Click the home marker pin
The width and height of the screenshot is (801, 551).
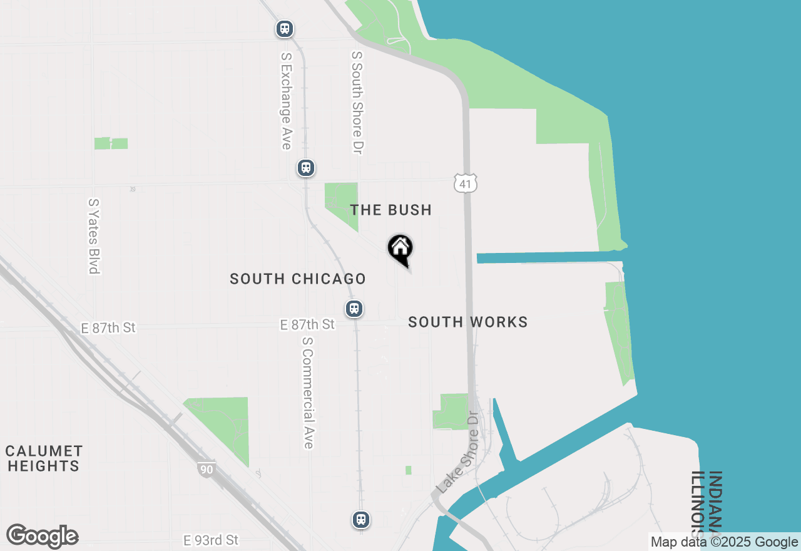(x=400, y=249)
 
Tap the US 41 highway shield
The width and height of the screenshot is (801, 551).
(x=466, y=183)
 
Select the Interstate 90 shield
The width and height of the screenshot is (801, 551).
(x=206, y=469)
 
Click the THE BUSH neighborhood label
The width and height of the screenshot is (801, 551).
(x=390, y=210)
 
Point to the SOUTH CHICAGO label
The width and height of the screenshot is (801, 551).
(x=297, y=279)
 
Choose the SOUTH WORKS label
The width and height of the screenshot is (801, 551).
(x=467, y=322)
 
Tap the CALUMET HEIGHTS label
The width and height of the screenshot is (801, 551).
(x=44, y=458)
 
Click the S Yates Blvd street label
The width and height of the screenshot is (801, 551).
(x=94, y=236)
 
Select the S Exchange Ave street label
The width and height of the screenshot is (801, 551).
(x=286, y=100)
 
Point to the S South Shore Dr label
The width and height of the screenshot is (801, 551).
(x=357, y=103)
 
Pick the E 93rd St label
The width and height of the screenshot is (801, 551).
(x=211, y=540)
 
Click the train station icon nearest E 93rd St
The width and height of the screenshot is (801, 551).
(x=361, y=519)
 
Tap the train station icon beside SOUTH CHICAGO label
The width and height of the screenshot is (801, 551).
(x=354, y=308)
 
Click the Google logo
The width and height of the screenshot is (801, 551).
(x=42, y=536)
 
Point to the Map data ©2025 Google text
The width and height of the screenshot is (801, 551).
(x=724, y=542)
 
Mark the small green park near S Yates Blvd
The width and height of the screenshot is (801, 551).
(x=111, y=143)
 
